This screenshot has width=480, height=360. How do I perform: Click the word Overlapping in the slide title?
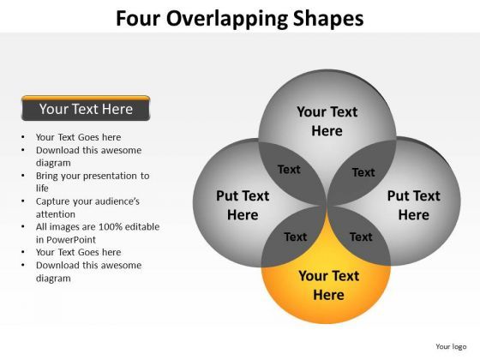click(x=233, y=18)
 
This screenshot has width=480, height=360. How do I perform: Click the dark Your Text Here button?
click(x=86, y=109)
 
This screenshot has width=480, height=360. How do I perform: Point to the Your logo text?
click(x=450, y=346)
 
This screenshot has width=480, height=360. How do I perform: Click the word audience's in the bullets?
click(x=115, y=201)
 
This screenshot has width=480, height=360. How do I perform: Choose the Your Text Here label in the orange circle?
click(x=328, y=285)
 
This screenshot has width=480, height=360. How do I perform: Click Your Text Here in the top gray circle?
click(x=327, y=121)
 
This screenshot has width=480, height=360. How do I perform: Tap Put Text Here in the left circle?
click(x=243, y=205)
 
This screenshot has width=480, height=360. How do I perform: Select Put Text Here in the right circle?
click(x=413, y=205)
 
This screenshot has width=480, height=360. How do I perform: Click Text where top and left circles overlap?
click(x=289, y=170)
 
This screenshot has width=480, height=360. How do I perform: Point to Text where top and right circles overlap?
click(x=363, y=172)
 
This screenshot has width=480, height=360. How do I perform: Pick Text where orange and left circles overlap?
click(x=295, y=237)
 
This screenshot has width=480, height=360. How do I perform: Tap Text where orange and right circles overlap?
click(x=361, y=237)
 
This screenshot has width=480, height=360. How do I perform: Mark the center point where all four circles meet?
click(x=327, y=206)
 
